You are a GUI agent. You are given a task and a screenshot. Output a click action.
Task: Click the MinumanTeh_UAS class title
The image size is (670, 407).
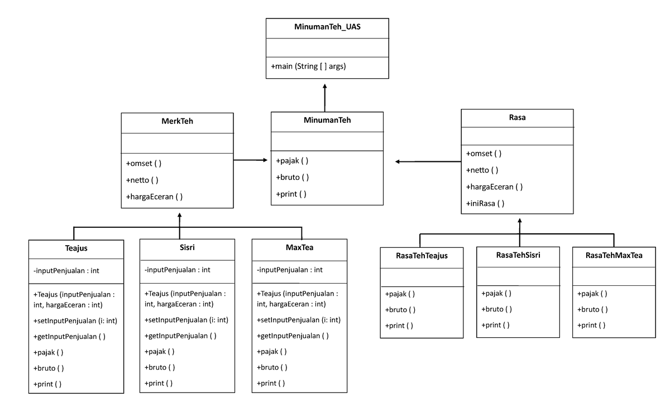pyautogui.click(x=327, y=27)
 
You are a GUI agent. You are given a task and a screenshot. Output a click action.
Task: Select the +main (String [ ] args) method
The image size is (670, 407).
pyautogui.click(x=308, y=66)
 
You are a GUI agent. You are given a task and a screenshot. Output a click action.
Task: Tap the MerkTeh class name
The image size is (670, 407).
pyautogui.click(x=177, y=121)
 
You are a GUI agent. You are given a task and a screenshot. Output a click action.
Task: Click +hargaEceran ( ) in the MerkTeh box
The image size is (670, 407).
pyautogui.click(x=155, y=197)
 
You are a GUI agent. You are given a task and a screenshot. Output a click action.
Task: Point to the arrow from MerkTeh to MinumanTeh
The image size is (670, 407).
pyautogui.click(x=251, y=160)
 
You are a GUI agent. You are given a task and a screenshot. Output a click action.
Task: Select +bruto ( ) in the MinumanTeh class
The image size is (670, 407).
pyautogui.click(x=292, y=178)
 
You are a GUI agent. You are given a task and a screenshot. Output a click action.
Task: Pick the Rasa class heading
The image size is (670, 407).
pyautogui.click(x=517, y=118)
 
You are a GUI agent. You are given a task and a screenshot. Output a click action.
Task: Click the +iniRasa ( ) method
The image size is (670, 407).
pyautogui.click(x=485, y=204)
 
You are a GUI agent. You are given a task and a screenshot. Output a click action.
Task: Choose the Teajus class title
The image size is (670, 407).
pyautogui.click(x=76, y=248)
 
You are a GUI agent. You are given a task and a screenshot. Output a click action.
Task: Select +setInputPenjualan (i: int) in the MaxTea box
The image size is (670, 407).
pyautogui.click(x=299, y=320)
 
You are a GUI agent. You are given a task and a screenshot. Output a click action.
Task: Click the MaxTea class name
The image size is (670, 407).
pyautogui.click(x=300, y=247)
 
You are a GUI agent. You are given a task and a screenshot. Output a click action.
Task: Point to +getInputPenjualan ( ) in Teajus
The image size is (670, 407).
pyautogui.click(x=69, y=337)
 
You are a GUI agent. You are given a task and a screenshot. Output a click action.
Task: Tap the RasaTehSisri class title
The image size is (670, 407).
pyautogui.click(x=518, y=255)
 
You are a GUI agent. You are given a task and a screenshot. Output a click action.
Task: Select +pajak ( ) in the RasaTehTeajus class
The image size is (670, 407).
pyautogui.click(x=400, y=294)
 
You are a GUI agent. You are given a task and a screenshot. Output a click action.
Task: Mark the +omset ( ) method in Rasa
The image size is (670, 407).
pyautogui.click(x=484, y=154)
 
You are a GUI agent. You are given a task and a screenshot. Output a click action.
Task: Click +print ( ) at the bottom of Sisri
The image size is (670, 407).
pyautogui.click(x=159, y=384)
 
